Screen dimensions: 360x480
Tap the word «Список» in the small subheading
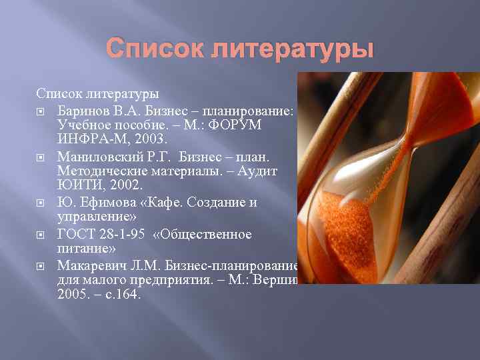pos(60,91)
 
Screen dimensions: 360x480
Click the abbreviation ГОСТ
pos(75,234)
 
